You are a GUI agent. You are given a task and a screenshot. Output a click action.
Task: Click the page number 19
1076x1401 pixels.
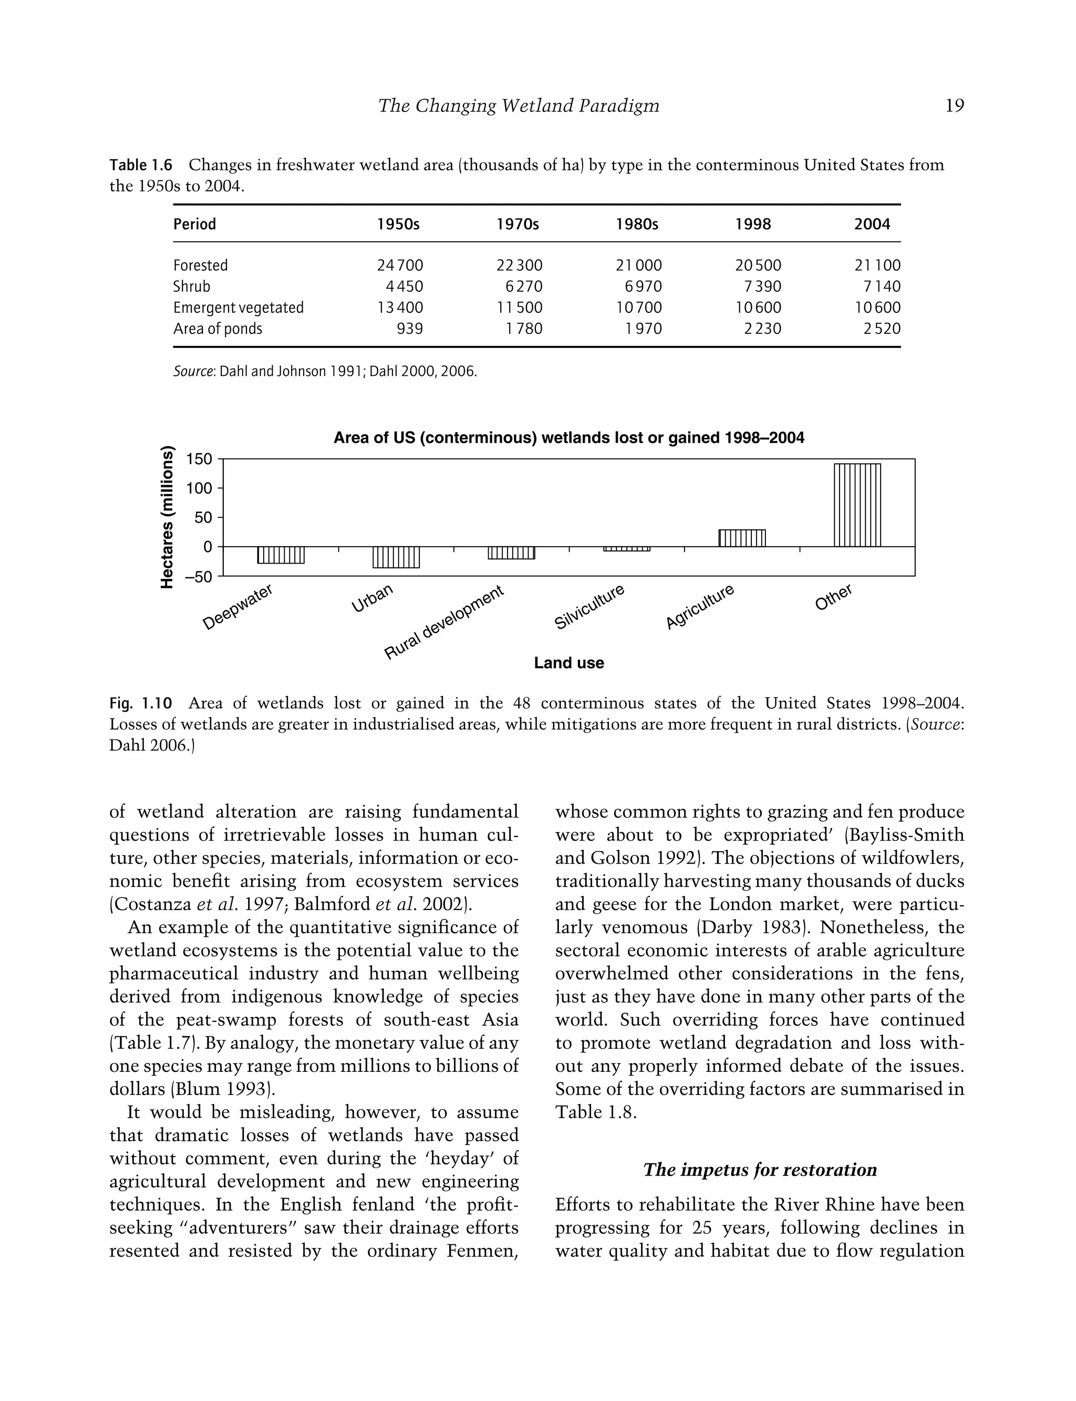click(954, 106)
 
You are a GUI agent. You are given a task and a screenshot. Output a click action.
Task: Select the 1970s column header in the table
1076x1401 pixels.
click(518, 224)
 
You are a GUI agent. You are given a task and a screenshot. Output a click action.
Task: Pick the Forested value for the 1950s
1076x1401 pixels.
click(400, 265)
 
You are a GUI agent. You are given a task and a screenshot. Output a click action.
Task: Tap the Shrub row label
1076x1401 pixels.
click(191, 287)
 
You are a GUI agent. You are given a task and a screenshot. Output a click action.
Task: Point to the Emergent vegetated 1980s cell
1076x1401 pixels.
click(638, 308)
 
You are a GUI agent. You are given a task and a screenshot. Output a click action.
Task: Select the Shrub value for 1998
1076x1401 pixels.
click(762, 287)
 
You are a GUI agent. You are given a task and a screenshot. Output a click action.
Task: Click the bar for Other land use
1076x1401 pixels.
click(857, 505)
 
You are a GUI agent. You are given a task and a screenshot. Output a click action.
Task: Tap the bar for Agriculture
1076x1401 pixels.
click(742, 538)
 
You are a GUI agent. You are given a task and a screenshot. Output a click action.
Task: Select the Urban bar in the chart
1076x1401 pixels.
click(396, 557)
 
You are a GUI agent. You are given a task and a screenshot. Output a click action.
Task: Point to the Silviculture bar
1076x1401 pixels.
click(626, 549)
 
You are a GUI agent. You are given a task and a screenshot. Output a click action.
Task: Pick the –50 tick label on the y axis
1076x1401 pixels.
click(198, 577)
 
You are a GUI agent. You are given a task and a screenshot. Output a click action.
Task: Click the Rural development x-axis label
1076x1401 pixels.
click(444, 622)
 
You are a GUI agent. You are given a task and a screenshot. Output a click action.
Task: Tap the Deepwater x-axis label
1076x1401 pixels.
click(237, 607)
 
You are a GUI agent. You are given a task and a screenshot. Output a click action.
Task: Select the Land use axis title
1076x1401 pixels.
click(569, 663)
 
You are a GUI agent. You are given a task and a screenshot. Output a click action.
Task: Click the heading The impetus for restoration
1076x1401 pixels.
click(760, 1170)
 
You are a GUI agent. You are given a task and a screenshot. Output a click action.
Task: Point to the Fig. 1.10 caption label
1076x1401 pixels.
click(141, 703)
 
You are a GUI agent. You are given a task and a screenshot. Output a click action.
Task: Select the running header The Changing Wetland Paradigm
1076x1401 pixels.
click(518, 106)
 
